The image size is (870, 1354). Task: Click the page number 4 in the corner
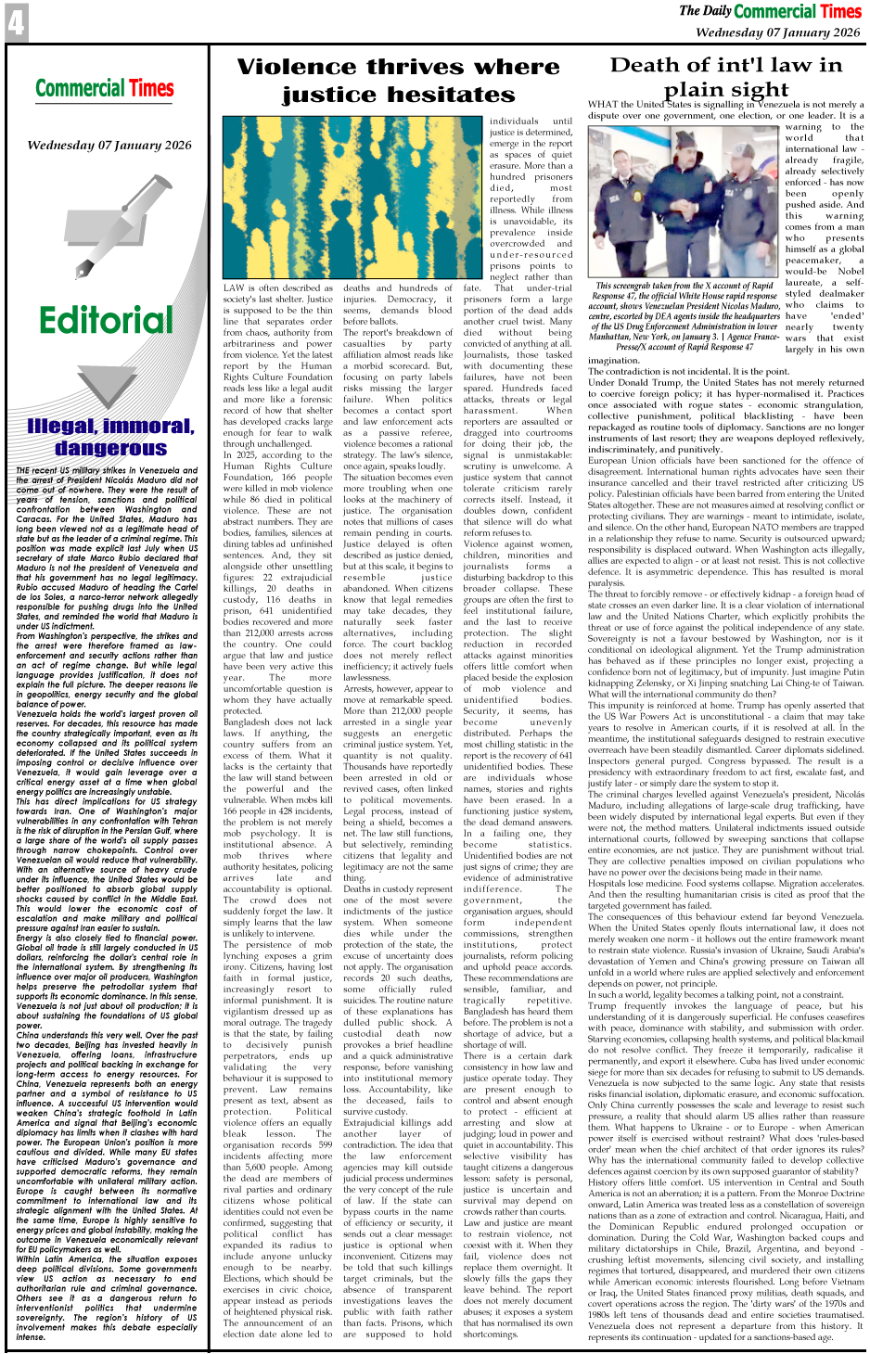[15, 22]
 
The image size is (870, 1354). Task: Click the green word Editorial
[106, 320]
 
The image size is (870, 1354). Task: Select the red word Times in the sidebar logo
[151, 89]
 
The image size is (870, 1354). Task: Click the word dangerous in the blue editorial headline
[110, 448]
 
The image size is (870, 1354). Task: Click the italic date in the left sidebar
[109, 145]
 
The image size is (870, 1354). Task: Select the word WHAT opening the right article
[603, 105]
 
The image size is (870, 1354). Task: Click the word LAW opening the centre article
[233, 288]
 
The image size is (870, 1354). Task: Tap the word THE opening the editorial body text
[25, 471]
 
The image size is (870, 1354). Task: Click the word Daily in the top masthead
[717, 11]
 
